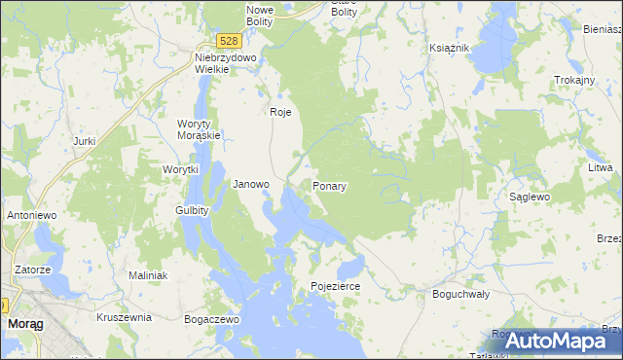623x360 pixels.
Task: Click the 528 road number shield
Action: (228, 41)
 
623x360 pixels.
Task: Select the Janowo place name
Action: (251, 184)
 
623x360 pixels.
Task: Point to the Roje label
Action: (280, 112)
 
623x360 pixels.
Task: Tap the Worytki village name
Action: (180, 169)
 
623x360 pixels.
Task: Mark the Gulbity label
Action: (192, 210)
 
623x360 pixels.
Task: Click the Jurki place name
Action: (84, 141)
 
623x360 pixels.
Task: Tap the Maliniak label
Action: (148, 276)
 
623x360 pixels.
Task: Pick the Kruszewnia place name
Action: (124, 317)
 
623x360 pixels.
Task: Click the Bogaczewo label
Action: (211, 318)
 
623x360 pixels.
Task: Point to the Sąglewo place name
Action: (531, 197)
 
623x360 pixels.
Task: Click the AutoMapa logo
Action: (552, 341)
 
